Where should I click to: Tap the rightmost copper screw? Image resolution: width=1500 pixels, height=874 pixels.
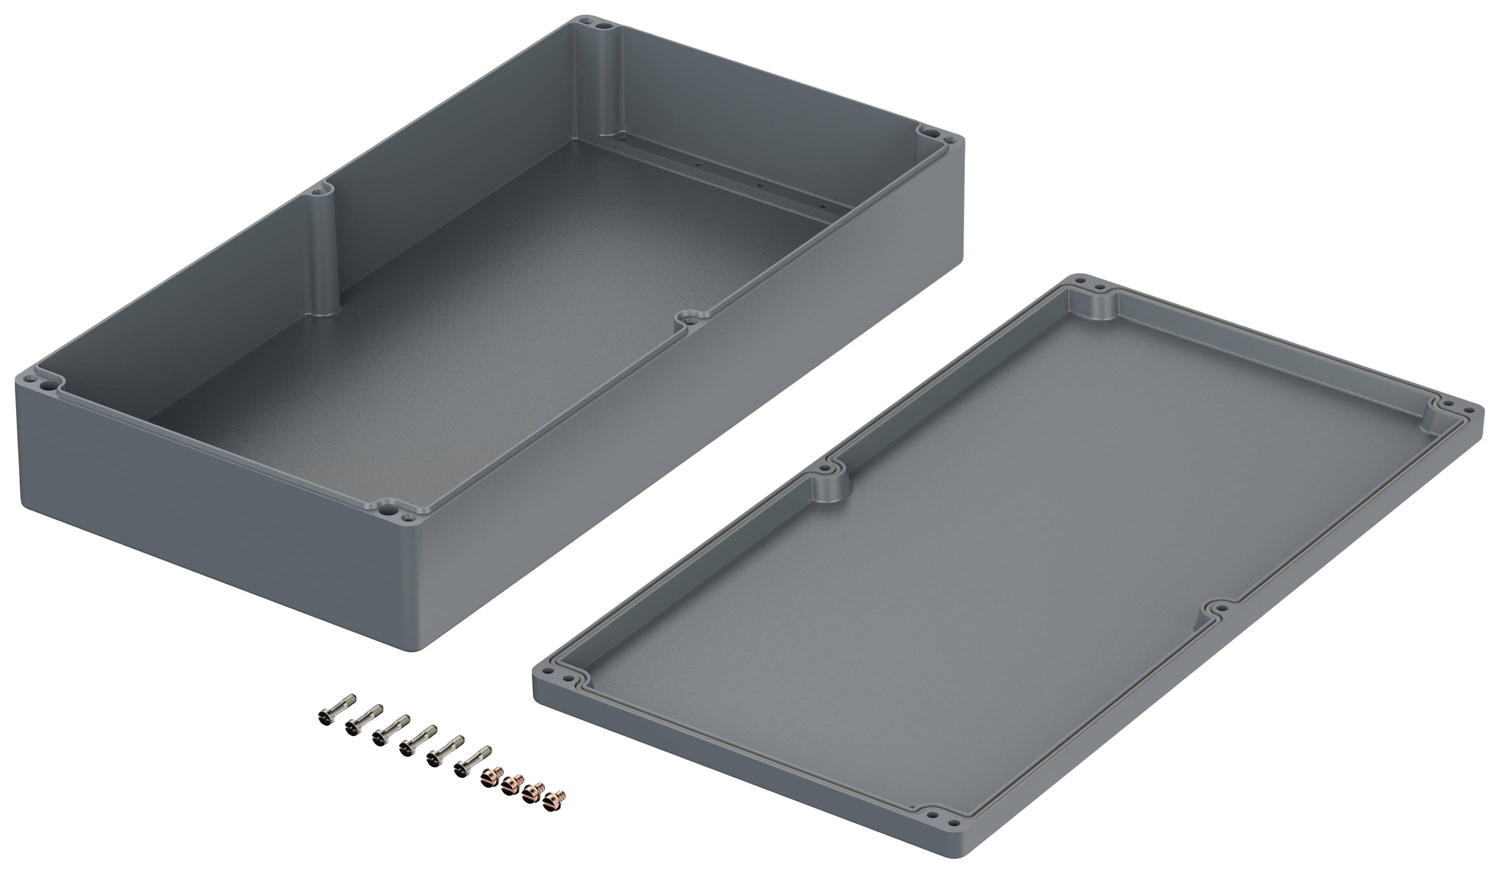[x=555, y=798]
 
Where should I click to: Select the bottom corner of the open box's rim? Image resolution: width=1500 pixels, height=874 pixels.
[x=396, y=512]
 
